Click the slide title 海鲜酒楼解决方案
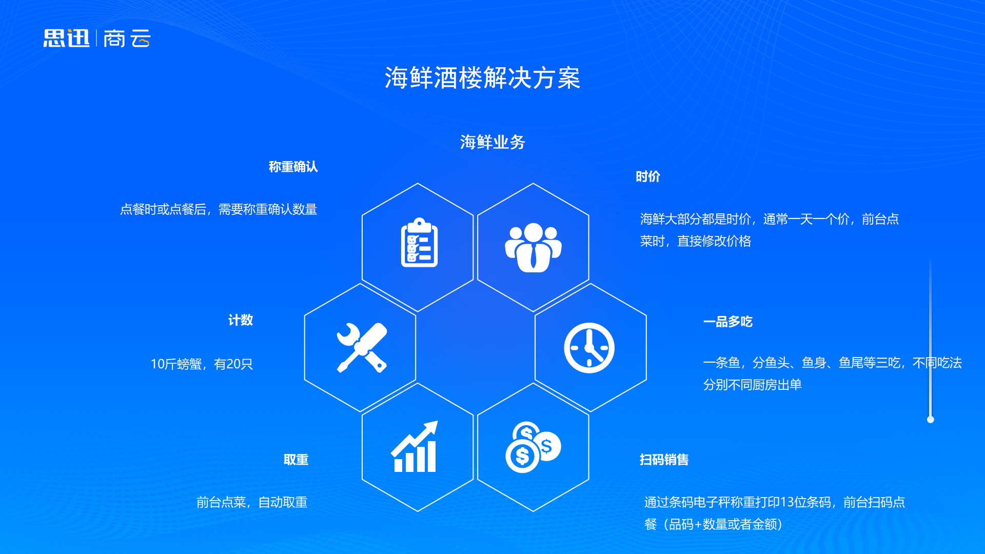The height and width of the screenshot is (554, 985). coord(482,78)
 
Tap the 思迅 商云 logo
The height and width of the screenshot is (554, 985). coord(97,38)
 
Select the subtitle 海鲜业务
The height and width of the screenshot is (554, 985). coord(493,142)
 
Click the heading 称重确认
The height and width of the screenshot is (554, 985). coord(293,167)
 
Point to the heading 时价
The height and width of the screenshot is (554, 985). coord(648,176)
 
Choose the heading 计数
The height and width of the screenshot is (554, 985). coord(241,320)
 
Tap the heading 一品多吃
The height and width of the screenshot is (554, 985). coord(728,322)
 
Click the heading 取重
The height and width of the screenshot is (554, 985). coord(296,460)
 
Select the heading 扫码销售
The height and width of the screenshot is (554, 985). coord(664,460)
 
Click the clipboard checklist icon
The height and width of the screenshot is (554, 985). coord(419,243)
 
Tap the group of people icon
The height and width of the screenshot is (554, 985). coord(533,247)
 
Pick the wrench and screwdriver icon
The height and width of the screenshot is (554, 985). coord(362,347)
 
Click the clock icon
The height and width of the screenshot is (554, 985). coord(589,348)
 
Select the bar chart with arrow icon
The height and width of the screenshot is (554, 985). coord(415,446)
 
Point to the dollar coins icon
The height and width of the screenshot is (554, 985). coord(533,447)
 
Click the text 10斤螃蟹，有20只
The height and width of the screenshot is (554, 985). coord(202,364)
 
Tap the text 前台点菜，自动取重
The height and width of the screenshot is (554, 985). coord(252,502)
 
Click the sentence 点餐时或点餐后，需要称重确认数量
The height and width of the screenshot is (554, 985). coord(219,209)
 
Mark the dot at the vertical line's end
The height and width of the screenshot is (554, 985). coord(931,420)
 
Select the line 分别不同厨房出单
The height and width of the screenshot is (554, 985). coord(753,385)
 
